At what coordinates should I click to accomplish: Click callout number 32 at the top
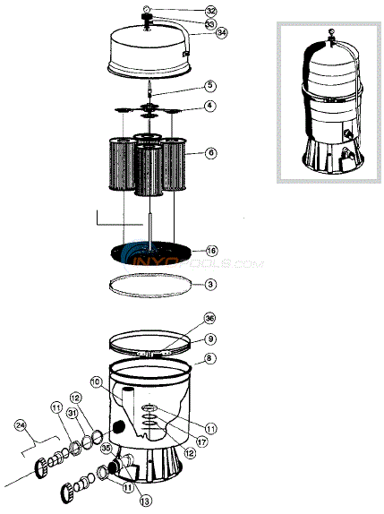210,11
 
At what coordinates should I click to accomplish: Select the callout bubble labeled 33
210,23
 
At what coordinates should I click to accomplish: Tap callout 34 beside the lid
221,34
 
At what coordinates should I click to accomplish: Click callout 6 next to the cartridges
210,153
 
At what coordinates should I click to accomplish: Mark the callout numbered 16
211,251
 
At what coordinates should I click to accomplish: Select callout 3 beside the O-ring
209,285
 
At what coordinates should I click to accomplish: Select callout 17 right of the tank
204,440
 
